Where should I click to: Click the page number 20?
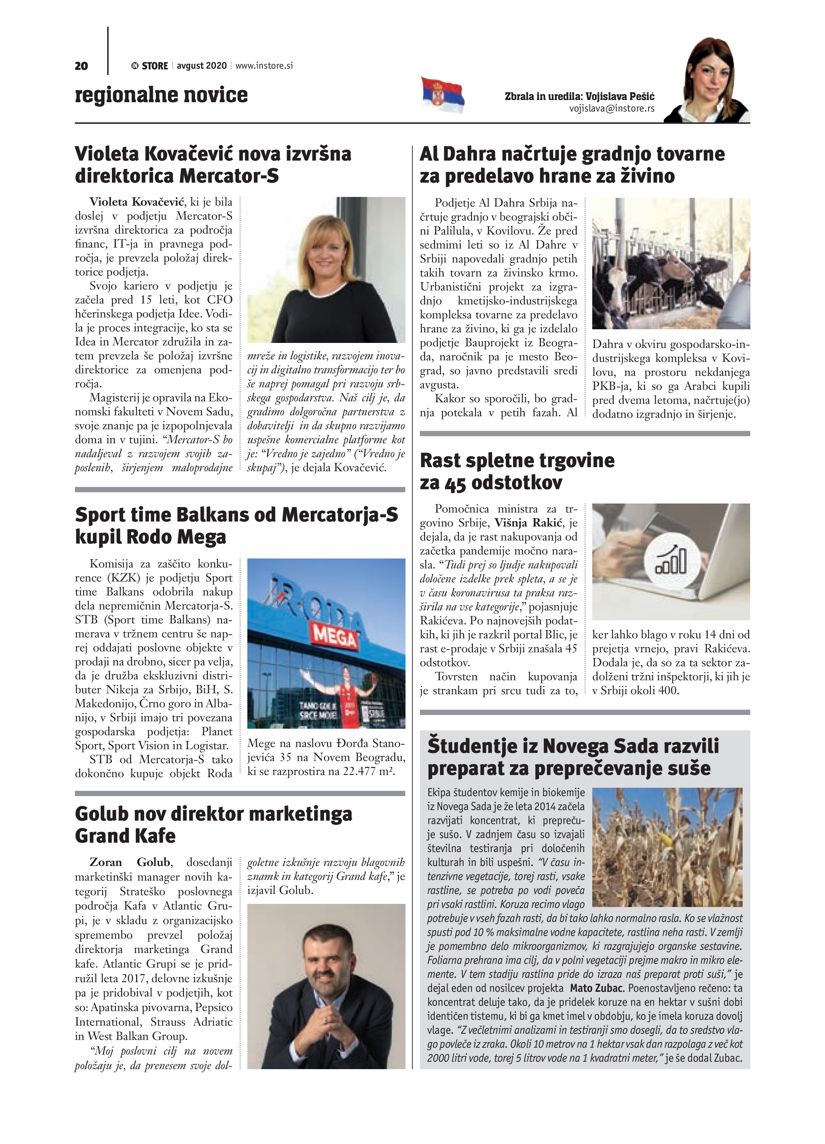pos(81,66)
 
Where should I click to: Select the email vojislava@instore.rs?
pos(612,108)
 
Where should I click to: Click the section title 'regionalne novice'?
pos(161,95)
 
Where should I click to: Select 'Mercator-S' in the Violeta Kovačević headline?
pos(229,175)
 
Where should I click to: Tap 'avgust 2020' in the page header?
pos(201,66)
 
